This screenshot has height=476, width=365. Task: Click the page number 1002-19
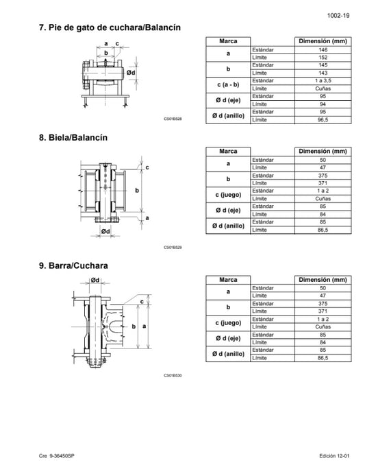coord(338,16)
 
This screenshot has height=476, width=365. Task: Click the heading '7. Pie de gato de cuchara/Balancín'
coord(110,27)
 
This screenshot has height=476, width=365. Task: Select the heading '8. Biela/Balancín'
coord(73,137)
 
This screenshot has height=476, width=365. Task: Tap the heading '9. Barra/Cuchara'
coord(73,265)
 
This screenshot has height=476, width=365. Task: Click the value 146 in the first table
coord(323,50)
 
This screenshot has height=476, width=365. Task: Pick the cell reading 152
coord(323,58)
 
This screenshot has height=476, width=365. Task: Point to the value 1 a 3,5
coord(323,81)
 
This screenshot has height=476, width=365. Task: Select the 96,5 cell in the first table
coord(323,119)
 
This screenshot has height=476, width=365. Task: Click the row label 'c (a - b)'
coord(228,84)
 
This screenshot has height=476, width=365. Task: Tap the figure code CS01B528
coord(173,119)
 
